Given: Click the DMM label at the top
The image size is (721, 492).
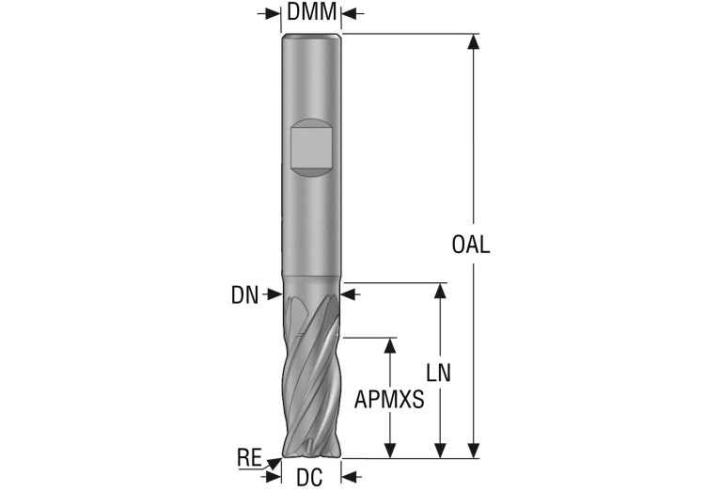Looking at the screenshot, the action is (311, 11).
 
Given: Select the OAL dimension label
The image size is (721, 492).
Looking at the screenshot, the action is (471, 245).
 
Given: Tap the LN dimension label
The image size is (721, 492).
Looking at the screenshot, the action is (439, 373).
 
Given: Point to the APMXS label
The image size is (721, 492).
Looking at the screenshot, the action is (389, 400).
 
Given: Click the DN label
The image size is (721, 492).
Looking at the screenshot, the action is (244, 295).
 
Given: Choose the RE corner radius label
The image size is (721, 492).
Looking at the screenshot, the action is (249, 457).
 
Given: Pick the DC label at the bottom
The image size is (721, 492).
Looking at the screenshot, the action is (309, 478).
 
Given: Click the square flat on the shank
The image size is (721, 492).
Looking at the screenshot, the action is (311, 148).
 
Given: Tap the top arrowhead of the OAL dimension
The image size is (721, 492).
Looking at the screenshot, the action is (474, 41).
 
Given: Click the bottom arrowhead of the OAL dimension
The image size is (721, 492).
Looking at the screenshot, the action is (474, 451).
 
